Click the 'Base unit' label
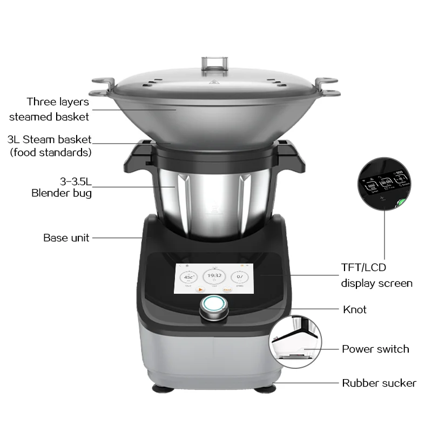coord(66,238)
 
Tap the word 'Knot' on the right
coord(355,309)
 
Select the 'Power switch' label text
coord(375,349)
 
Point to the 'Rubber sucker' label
coord(379,383)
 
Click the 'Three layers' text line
coord(58,102)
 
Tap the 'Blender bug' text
coord(61,193)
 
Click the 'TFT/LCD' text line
coord(363,267)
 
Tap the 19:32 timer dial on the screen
coord(214,276)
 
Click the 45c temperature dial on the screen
coord(188,278)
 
